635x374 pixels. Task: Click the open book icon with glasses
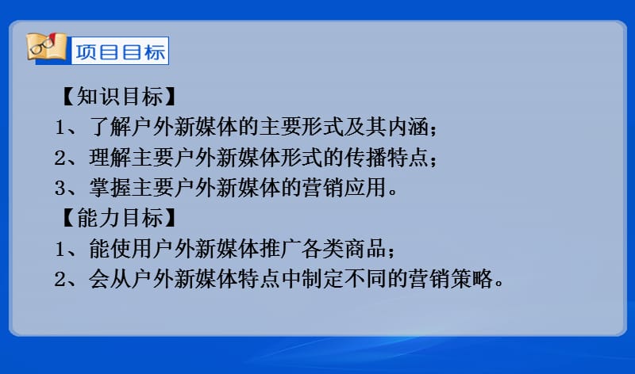pos(46,47)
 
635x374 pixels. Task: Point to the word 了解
pos(110,127)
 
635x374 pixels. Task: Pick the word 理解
pos(110,157)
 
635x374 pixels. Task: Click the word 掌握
pos(110,188)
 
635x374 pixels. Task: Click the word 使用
pos(131,248)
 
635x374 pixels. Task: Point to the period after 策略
pos(498,284)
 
